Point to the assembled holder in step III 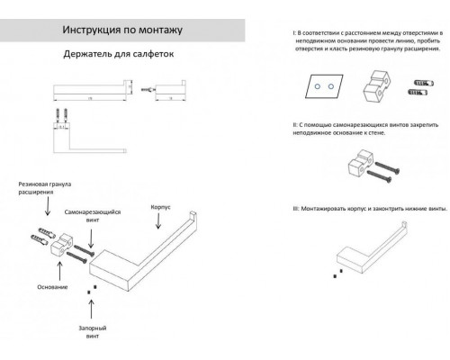368,256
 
